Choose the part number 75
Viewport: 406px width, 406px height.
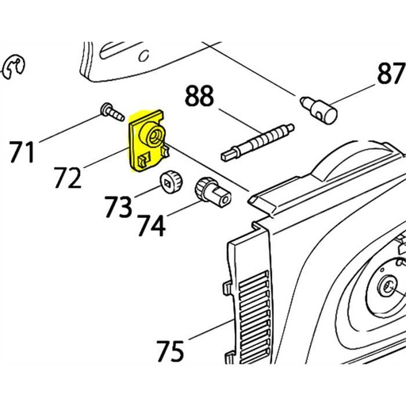coord(171,350)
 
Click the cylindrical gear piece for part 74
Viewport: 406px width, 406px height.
coord(210,190)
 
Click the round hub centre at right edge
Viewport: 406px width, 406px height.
coord(389,286)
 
